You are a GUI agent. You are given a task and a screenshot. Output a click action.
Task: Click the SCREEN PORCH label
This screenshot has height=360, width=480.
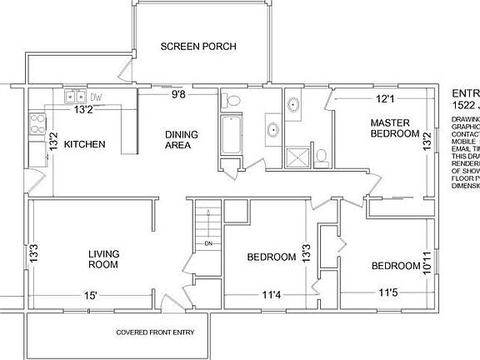[x=198, y=46]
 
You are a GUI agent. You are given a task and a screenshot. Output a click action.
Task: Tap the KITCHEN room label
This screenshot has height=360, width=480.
[x=85, y=144]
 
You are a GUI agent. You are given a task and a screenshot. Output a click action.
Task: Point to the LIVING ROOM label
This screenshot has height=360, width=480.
[x=102, y=258]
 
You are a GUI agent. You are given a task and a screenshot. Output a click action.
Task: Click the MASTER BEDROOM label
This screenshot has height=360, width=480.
[x=394, y=128]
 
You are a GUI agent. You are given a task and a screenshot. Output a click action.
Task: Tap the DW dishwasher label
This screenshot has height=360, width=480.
[x=96, y=97]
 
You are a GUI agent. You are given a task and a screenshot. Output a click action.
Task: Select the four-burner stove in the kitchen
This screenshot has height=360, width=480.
[x=37, y=124]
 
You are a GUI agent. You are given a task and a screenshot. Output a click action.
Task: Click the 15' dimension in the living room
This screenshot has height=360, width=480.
[x=90, y=295]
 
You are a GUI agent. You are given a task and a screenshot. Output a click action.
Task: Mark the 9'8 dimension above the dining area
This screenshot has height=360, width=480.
[x=178, y=95]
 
